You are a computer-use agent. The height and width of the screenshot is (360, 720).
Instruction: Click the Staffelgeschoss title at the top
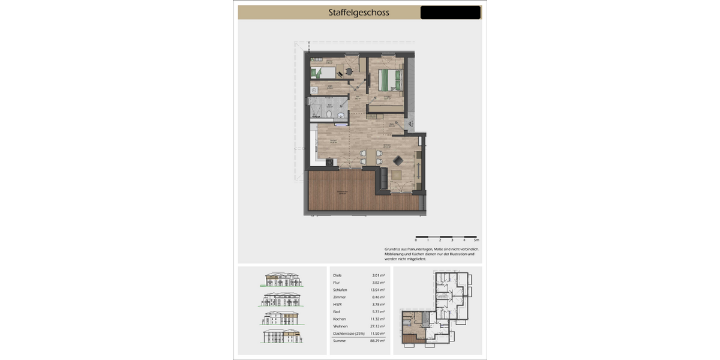point(359,13)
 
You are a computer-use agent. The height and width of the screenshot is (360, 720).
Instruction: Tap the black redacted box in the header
point(450,13)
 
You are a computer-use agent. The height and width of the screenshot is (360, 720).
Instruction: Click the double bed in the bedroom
point(390,79)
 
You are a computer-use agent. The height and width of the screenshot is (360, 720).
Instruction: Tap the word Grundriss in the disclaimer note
point(392,249)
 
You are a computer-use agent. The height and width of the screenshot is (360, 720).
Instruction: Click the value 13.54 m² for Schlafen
point(377,290)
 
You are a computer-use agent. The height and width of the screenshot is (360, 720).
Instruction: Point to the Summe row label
point(340,340)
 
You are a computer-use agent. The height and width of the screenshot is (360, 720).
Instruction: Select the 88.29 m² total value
point(377,340)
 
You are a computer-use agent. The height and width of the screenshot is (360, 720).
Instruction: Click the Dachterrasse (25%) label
point(349,333)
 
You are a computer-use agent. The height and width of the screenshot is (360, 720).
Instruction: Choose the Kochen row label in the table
point(340,319)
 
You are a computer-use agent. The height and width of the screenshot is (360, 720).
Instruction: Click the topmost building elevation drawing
point(282,280)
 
